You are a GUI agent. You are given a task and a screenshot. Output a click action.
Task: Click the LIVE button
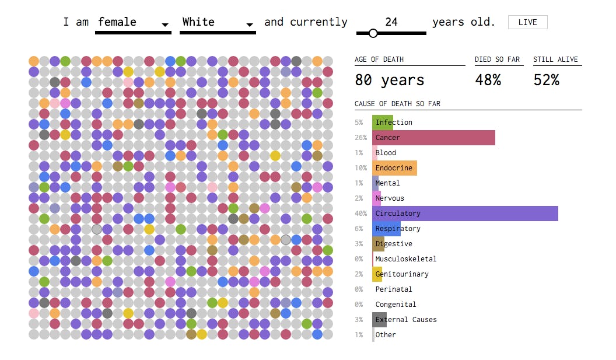pos(527,22)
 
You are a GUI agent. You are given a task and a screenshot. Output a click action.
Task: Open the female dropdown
pos(133,23)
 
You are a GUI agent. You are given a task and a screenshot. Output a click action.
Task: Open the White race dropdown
pos(218,23)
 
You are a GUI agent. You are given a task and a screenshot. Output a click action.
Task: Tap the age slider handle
pos(373,33)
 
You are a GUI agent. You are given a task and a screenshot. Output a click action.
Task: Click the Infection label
pos(394,123)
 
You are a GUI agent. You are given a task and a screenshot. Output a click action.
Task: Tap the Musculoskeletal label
pos(406,259)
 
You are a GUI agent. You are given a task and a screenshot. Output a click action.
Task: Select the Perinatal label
pos(394,289)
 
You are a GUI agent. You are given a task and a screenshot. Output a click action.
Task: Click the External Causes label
pos(406,320)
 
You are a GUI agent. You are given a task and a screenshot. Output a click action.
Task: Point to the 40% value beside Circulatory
pos(360,214)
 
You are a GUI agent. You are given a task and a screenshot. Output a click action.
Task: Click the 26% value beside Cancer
pos(360,138)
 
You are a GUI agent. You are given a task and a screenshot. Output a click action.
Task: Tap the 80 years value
pos(390,80)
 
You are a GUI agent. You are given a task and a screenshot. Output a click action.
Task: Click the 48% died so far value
pos(488,80)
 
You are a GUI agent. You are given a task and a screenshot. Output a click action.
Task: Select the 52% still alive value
pos(546,80)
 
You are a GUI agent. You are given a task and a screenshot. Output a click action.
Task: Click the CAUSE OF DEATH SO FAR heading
pos(397,104)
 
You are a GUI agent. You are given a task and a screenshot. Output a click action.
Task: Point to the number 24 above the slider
pos(391,22)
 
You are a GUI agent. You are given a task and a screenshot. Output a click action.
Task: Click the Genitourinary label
pos(402,274)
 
